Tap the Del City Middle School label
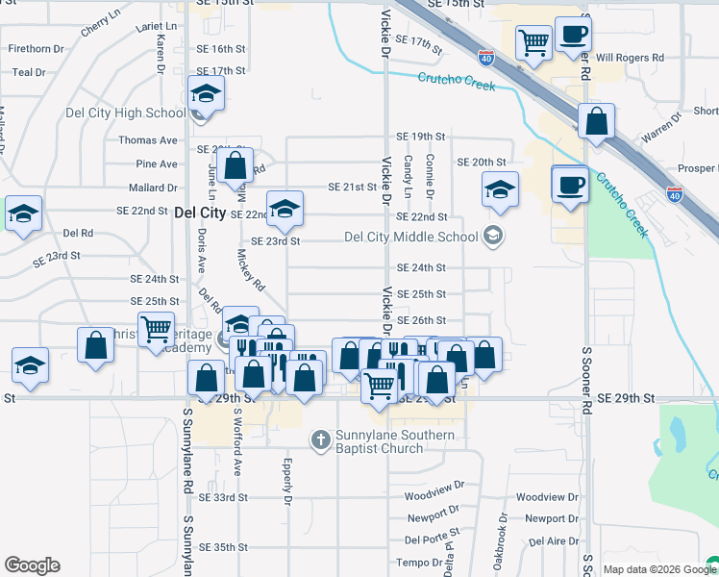(x=410, y=237)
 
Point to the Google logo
(x=32, y=565)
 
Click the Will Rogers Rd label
(x=630, y=58)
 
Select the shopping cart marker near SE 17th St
(x=533, y=42)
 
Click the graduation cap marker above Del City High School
(x=205, y=93)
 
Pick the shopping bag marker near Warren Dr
(x=597, y=122)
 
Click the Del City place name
(x=200, y=213)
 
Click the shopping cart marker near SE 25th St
(x=156, y=329)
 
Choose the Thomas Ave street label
(x=150, y=139)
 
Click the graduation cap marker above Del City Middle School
(x=500, y=190)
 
